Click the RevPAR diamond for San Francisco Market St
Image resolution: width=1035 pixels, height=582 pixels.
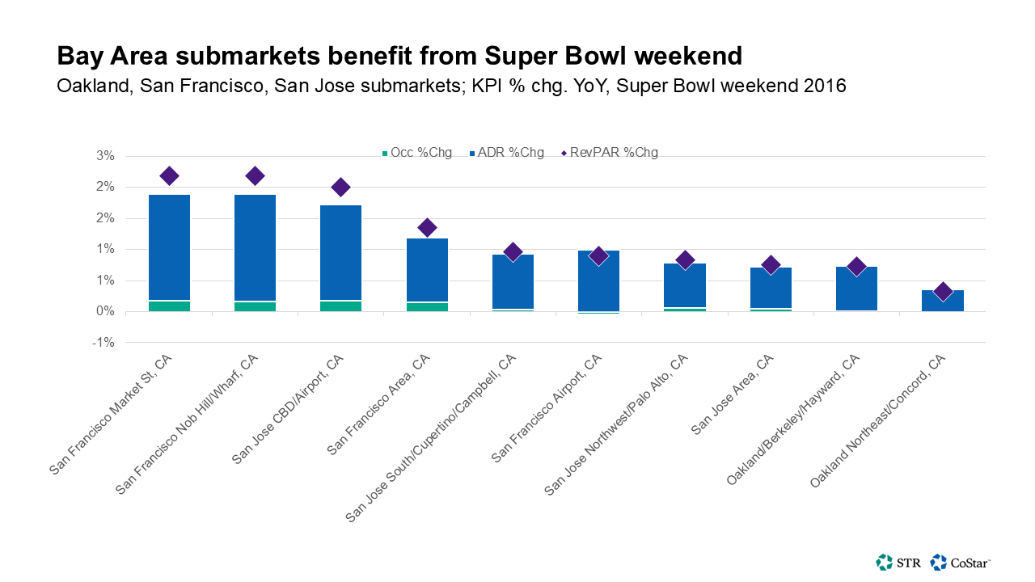[169, 175]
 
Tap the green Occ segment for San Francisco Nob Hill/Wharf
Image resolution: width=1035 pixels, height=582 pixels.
[255, 306]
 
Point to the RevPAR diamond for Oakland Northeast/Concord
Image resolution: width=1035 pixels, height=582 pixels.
[942, 292]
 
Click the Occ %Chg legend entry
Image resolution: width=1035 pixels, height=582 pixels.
[416, 152]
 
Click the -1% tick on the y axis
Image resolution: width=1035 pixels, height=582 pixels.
[106, 343]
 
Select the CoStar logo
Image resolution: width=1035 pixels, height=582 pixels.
[961, 562]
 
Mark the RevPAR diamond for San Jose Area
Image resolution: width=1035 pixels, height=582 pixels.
[771, 264]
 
